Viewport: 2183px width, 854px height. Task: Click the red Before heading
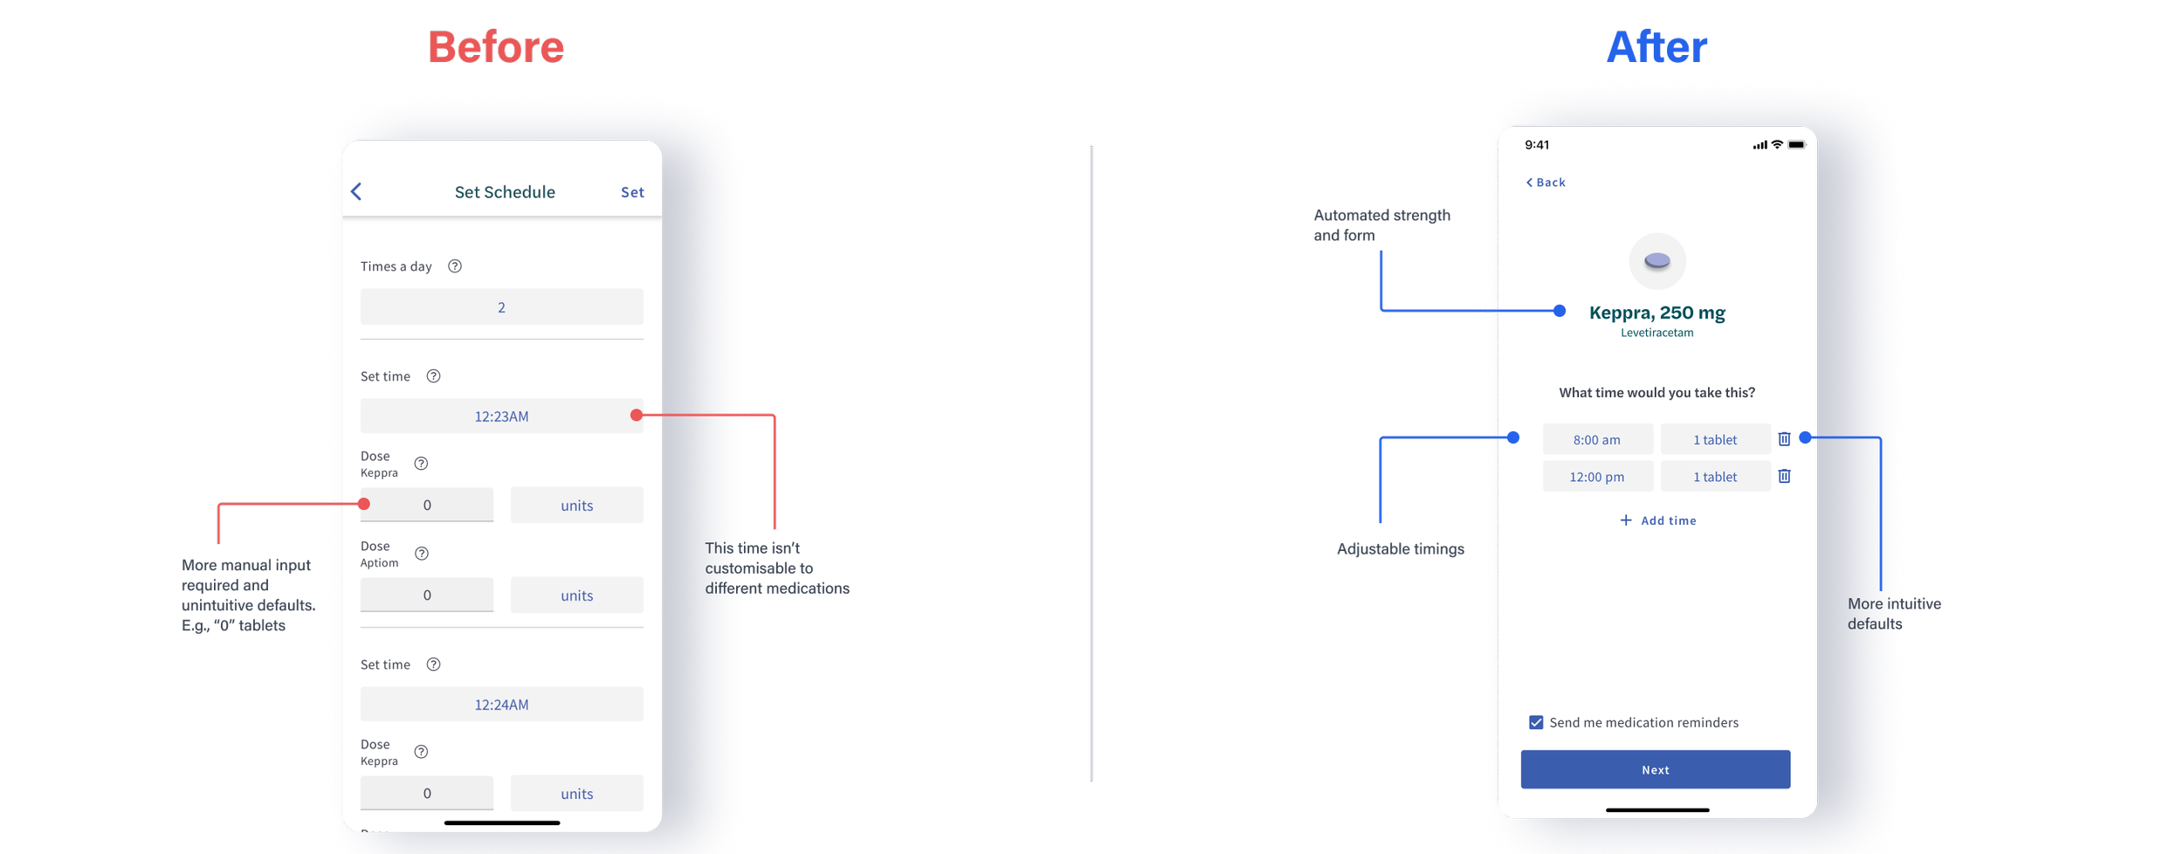pos(496,47)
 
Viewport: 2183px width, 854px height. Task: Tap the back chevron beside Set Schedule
pos(356,192)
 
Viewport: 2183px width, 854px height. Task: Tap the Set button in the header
pos(632,192)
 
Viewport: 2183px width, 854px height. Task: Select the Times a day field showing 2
pos(501,307)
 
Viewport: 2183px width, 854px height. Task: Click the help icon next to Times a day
pos(455,266)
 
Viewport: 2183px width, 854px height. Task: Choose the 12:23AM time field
pos(501,417)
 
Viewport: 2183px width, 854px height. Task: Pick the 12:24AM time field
pos(501,705)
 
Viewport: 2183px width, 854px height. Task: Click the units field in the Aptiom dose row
pos(576,596)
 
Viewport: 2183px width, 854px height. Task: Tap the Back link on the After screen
pos(1546,183)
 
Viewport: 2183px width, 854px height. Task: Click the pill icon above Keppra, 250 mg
pos(1656,261)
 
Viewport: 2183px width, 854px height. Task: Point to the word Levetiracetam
pos(1656,333)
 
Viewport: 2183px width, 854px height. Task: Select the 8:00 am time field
pos(1597,440)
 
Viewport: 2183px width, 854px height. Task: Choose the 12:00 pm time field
pos(1597,477)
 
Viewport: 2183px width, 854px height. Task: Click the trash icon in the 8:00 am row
pos(1784,439)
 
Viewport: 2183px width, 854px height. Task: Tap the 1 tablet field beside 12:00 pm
pos(1715,477)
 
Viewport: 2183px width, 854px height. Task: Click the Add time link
pos(1658,520)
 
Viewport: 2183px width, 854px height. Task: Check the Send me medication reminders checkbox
pos(1536,722)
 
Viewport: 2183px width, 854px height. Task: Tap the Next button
pos(1655,769)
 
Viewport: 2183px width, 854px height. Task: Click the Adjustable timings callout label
pos(1401,549)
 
